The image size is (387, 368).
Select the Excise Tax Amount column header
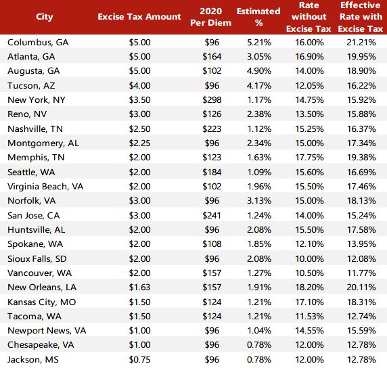[x=139, y=16]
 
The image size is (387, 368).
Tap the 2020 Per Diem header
[x=212, y=17]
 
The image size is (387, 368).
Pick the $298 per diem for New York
[x=212, y=99]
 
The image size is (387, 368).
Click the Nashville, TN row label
[x=36, y=129]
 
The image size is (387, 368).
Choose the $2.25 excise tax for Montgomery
[x=139, y=143]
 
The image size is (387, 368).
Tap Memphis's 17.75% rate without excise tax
[x=311, y=157]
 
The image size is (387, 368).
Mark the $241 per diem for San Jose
[x=212, y=214]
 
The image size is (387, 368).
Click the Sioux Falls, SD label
[x=38, y=258]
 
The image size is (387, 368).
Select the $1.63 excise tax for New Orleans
[x=139, y=287]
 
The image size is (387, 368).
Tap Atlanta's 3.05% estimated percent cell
[x=258, y=56]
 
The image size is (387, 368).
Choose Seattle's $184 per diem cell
[x=212, y=171]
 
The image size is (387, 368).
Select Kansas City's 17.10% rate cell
[x=311, y=301]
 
